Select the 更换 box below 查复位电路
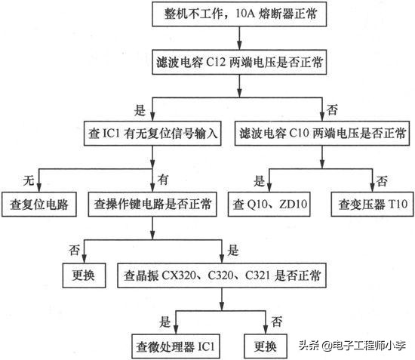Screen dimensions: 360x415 [82, 275]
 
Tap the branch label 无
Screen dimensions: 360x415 [29, 180]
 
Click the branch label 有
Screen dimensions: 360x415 [162, 180]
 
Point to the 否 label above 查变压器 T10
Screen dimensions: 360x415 [383, 180]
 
